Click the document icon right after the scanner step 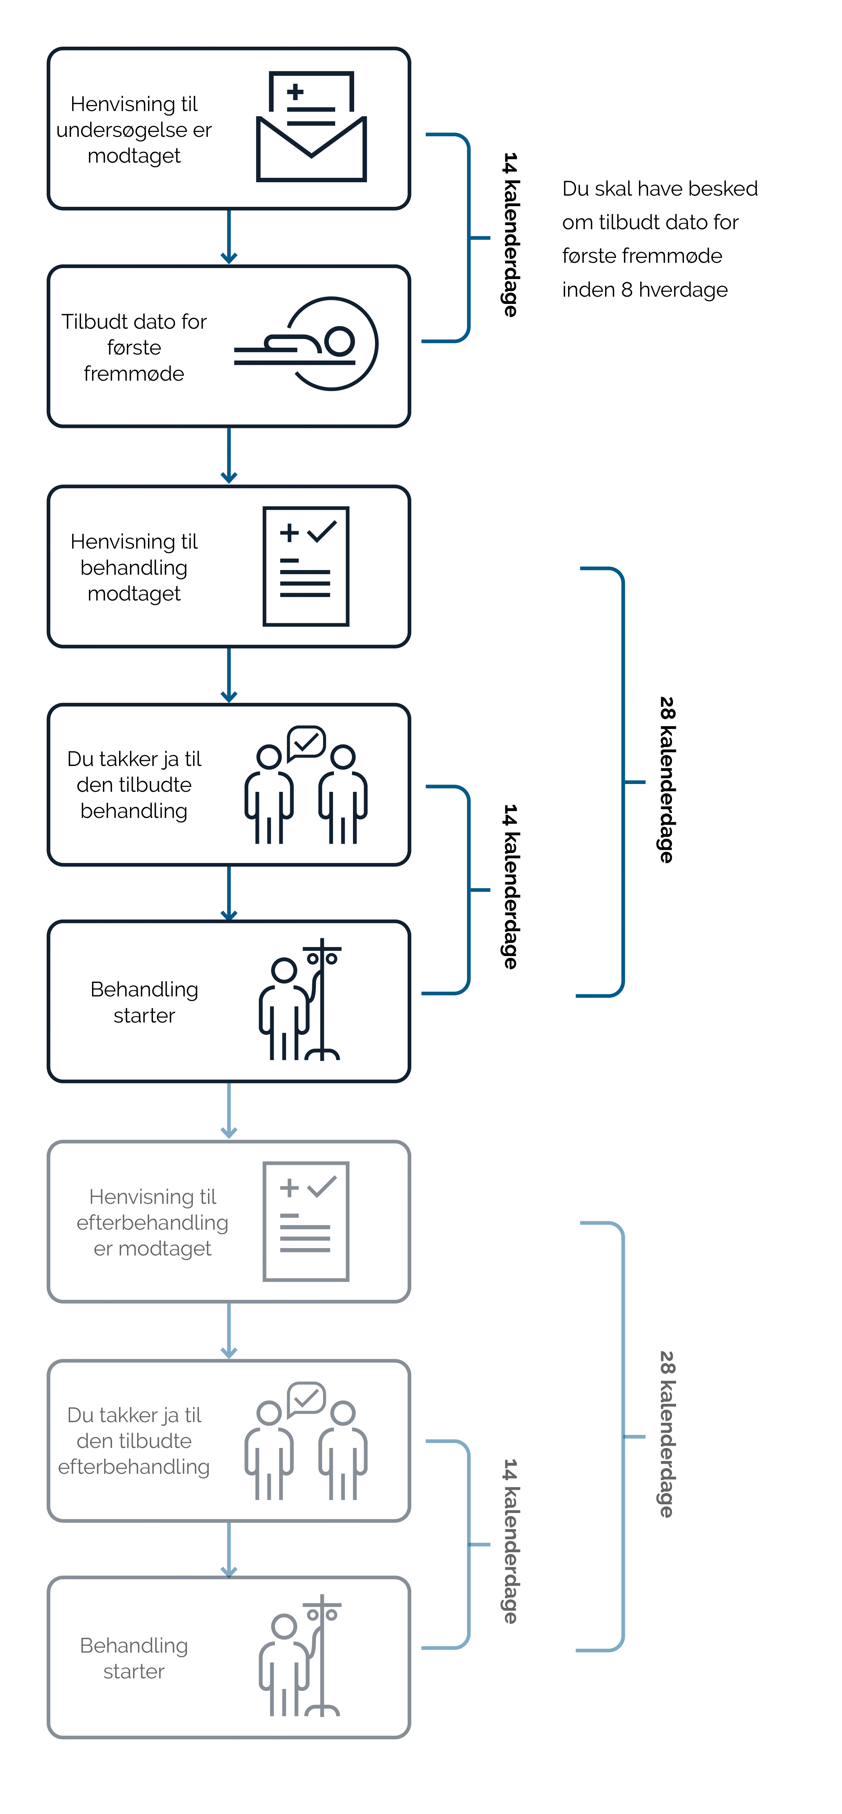306,565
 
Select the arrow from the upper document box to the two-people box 228,676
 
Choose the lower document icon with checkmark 306,1220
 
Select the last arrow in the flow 228,1549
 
